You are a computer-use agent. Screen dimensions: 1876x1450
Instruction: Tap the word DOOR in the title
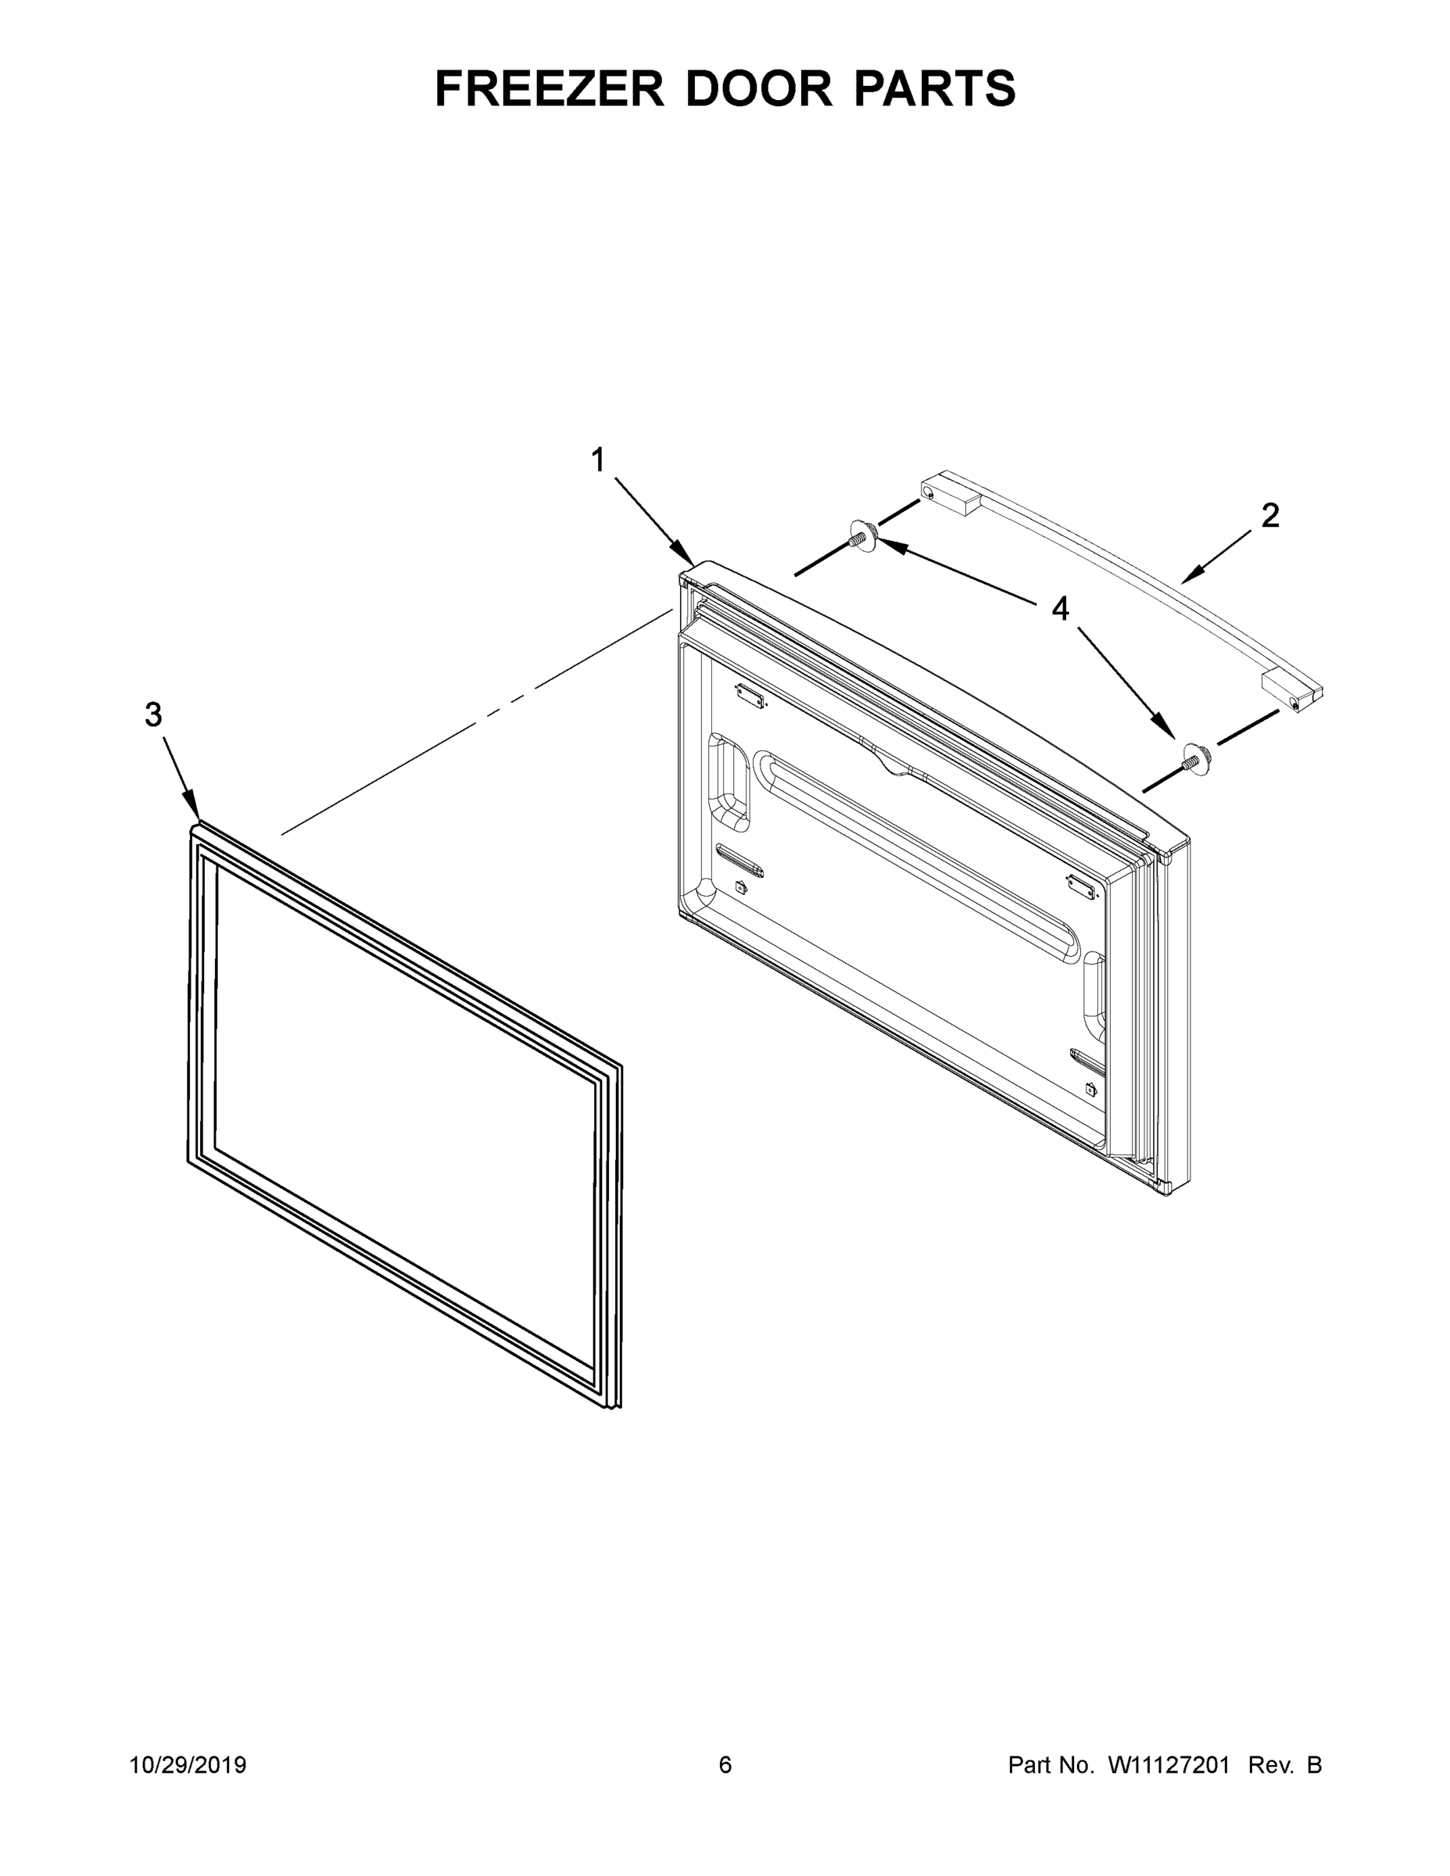click(x=758, y=88)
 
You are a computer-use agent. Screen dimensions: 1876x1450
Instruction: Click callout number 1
click(x=598, y=461)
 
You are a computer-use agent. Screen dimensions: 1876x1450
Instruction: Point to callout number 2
click(x=1269, y=515)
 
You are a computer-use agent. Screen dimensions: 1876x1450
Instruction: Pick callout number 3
click(x=153, y=714)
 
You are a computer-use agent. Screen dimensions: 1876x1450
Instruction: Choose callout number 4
click(x=1061, y=609)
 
